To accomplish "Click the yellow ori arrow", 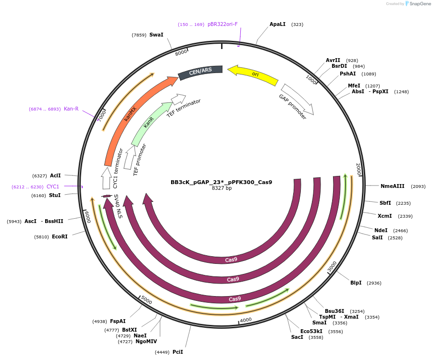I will click(x=253, y=75).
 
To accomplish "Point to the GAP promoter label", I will click(x=292, y=107).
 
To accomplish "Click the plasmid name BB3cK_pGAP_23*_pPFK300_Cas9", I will click(x=221, y=182).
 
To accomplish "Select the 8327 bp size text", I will click(x=222, y=188).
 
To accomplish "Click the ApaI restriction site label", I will click(x=277, y=24).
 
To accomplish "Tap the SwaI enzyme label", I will click(x=156, y=35).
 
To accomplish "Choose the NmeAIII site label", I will click(x=393, y=186).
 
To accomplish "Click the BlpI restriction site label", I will click(x=356, y=283).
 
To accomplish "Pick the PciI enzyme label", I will click(x=178, y=352).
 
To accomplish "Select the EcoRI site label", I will click(x=60, y=236).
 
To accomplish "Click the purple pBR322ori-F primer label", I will click(x=223, y=24).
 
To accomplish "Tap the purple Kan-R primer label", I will click(x=71, y=109).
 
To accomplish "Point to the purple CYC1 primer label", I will click(x=53, y=186).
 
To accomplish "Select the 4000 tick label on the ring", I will click(x=246, y=320).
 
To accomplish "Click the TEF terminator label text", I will click(x=184, y=111).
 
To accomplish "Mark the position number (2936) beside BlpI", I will click(x=374, y=283).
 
